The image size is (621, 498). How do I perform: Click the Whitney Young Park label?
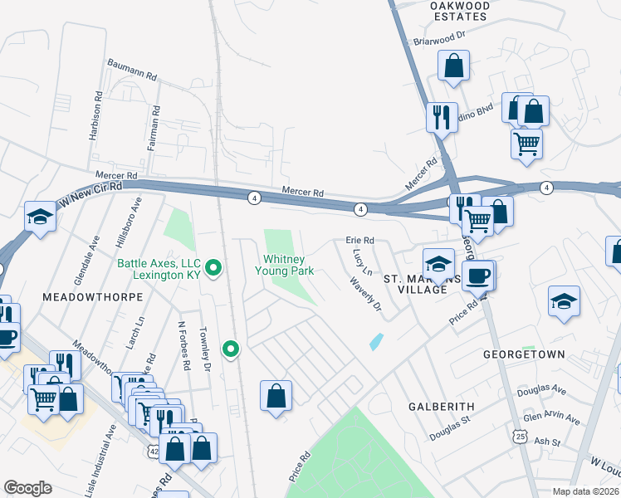[x=288, y=266]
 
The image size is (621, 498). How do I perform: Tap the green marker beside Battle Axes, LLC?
[x=213, y=268]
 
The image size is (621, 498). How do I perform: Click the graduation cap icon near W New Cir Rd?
[x=40, y=217]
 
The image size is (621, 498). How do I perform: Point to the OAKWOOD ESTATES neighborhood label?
[x=459, y=10]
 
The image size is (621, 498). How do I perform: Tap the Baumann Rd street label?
[x=132, y=69]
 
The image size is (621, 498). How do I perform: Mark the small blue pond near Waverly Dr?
[x=376, y=341]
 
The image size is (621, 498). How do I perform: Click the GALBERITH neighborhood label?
[x=441, y=407]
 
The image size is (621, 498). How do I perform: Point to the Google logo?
[x=28, y=487]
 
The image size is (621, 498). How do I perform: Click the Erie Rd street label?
[x=359, y=241]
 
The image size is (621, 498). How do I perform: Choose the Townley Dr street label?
[x=203, y=350]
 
